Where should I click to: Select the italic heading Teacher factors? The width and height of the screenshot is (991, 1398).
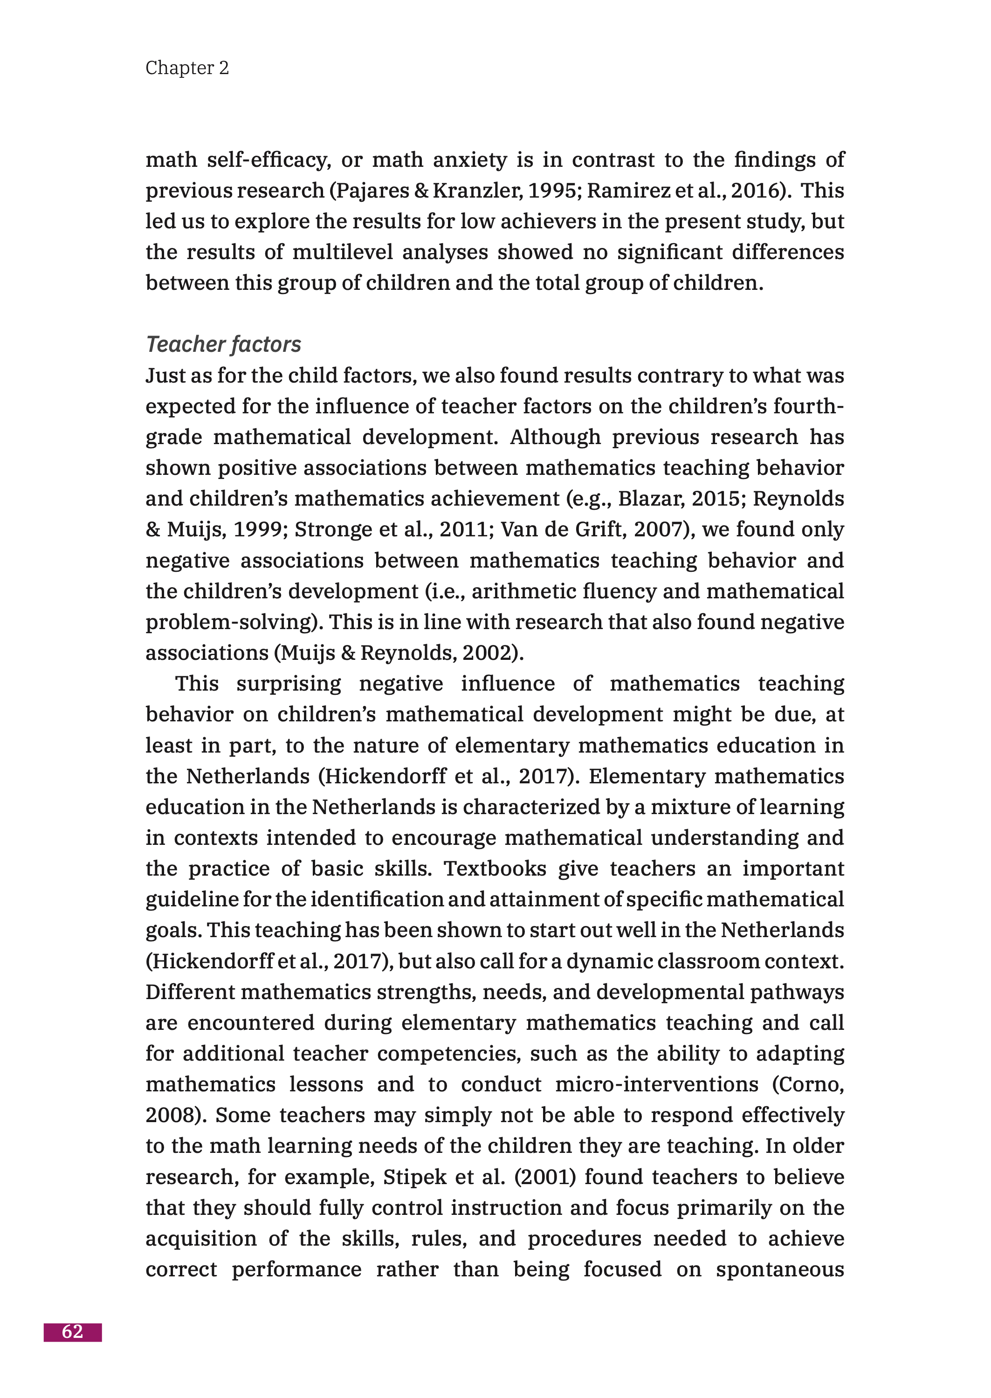pos(223,345)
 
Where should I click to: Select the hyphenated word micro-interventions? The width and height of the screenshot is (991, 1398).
pos(657,1084)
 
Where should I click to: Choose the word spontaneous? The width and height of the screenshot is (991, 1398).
pos(779,1270)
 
